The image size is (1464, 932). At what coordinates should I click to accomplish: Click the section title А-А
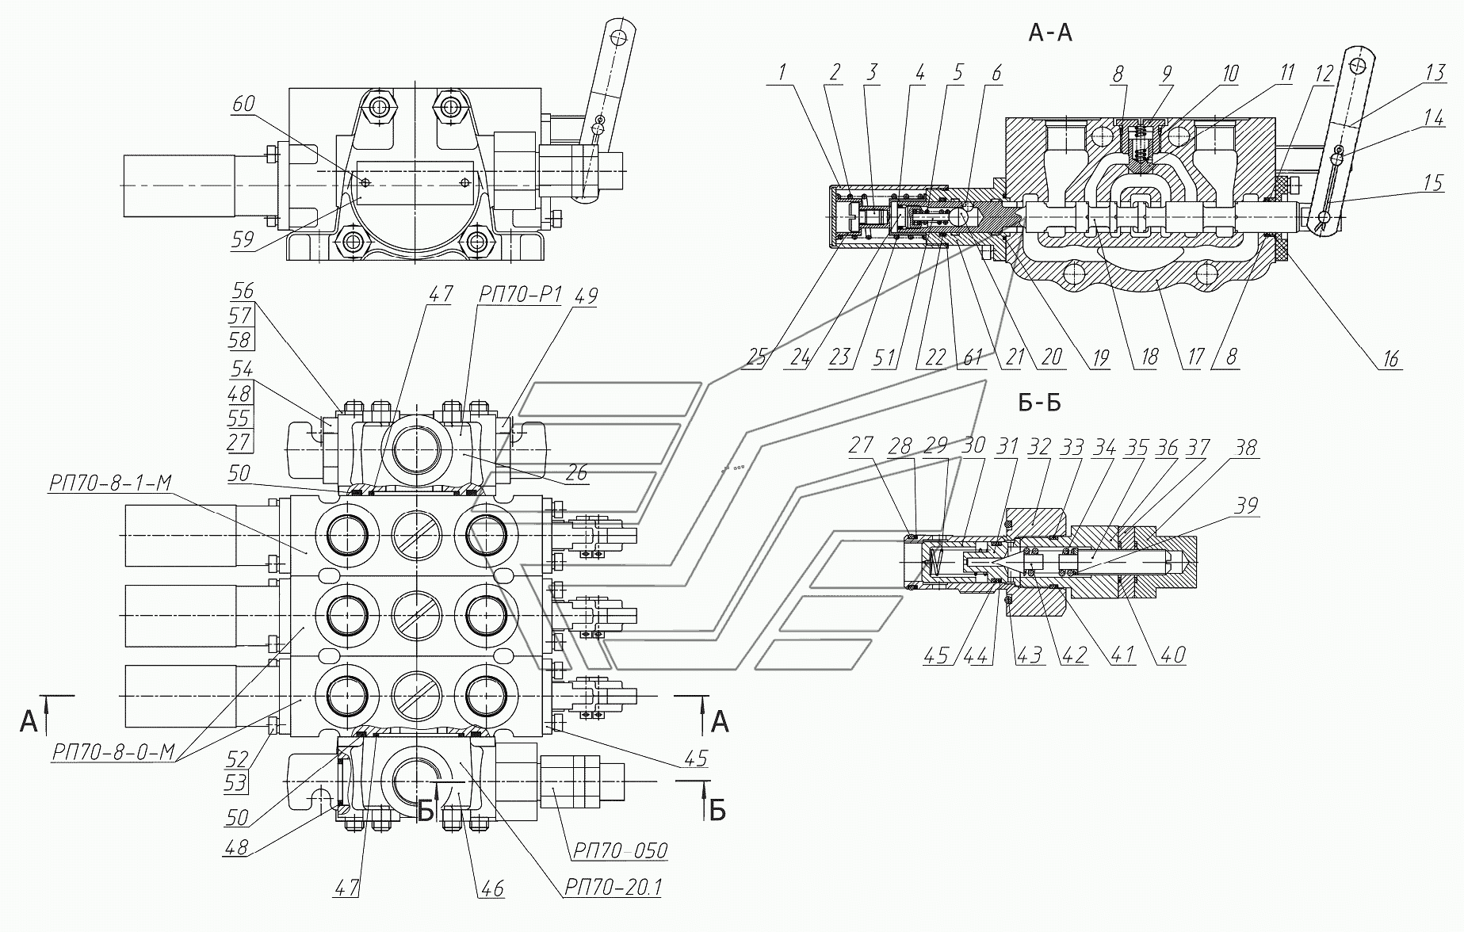click(x=1050, y=32)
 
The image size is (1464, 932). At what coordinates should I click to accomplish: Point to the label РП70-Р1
click(x=519, y=295)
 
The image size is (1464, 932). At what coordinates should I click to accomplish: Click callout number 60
click(x=244, y=104)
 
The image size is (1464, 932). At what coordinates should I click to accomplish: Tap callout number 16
click(x=1391, y=358)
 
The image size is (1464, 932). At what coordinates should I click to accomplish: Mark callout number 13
click(x=1435, y=73)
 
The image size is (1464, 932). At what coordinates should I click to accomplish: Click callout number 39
click(x=1247, y=505)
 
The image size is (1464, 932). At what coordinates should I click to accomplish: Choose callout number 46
click(x=492, y=888)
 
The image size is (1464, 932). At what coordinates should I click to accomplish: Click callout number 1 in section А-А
click(x=782, y=73)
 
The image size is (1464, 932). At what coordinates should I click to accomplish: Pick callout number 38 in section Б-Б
click(x=1246, y=448)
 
